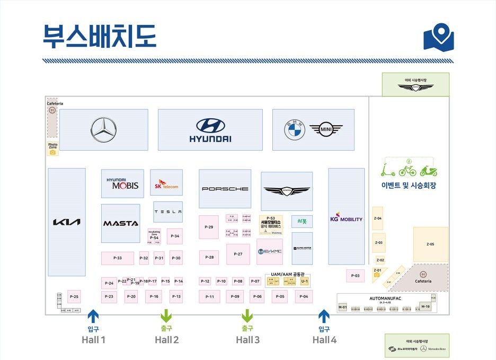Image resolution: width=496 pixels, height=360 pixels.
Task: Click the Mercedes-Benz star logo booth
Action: coord(103,130)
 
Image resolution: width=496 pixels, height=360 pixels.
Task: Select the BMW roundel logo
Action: coord(295,130)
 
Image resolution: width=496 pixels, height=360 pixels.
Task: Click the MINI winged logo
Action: coord(326,129)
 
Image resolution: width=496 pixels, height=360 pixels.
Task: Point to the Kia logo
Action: coord(67,222)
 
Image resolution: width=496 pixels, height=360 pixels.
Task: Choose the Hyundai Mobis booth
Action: coord(122,183)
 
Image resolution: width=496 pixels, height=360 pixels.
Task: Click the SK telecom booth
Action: coord(166,183)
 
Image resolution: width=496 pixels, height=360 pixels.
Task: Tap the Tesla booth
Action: coord(168,212)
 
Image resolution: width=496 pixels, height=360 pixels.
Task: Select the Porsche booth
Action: coord(225,189)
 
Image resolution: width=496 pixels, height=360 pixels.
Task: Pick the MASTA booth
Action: coord(120,223)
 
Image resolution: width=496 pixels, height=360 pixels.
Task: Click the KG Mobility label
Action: coord(346,217)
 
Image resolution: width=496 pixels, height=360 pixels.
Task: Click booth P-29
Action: coord(209,227)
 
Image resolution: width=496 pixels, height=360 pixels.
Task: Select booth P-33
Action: coord(118,258)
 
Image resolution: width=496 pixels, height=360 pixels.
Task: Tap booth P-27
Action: coord(238,254)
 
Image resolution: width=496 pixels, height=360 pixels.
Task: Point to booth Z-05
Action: coord(430,244)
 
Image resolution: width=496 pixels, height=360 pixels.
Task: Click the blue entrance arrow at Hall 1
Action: coord(93,317)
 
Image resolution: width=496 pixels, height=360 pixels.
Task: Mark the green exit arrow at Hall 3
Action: coord(247,316)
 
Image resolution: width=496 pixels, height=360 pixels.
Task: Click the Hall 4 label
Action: coord(324,340)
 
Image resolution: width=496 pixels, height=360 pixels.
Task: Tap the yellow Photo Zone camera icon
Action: coord(52,152)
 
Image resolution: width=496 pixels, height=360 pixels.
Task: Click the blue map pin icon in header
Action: coord(439,37)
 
